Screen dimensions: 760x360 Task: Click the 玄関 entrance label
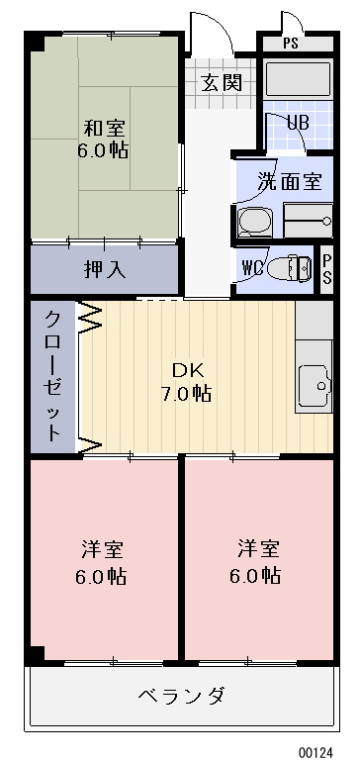tap(222, 82)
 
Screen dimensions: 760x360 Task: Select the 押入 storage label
tap(104, 268)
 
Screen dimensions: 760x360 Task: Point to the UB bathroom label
tap(297, 123)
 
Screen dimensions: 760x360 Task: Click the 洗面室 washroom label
tap(290, 181)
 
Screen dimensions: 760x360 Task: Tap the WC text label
tap(252, 266)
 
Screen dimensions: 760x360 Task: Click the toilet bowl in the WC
tap(287, 267)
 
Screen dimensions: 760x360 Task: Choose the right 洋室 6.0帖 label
tap(257, 562)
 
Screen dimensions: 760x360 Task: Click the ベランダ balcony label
tap(180, 695)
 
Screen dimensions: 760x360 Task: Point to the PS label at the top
tap(290, 43)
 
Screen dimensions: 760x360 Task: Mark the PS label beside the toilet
tap(327, 266)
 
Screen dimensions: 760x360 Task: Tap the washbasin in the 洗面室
tap(254, 223)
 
